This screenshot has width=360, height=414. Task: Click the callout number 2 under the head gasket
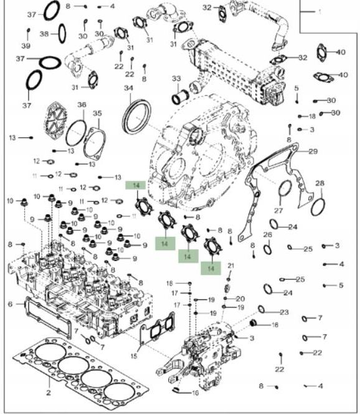pyautogui.click(x=48, y=393)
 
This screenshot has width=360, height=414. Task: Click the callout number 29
pyautogui.click(x=313, y=152)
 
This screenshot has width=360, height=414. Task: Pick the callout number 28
pyautogui.click(x=320, y=183)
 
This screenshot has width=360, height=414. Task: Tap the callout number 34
pyautogui.click(x=128, y=89)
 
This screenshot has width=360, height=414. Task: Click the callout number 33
pyautogui.click(x=176, y=79)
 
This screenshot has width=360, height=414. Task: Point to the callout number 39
pyautogui.click(x=26, y=47)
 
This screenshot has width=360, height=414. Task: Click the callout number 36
pyautogui.click(x=82, y=105)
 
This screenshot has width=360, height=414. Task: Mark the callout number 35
pyautogui.click(x=97, y=113)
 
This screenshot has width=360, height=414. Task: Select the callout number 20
pyautogui.click(x=240, y=299)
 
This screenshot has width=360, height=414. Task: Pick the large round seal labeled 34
pyautogui.click(x=136, y=117)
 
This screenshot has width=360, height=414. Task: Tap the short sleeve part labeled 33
pyautogui.click(x=181, y=98)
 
